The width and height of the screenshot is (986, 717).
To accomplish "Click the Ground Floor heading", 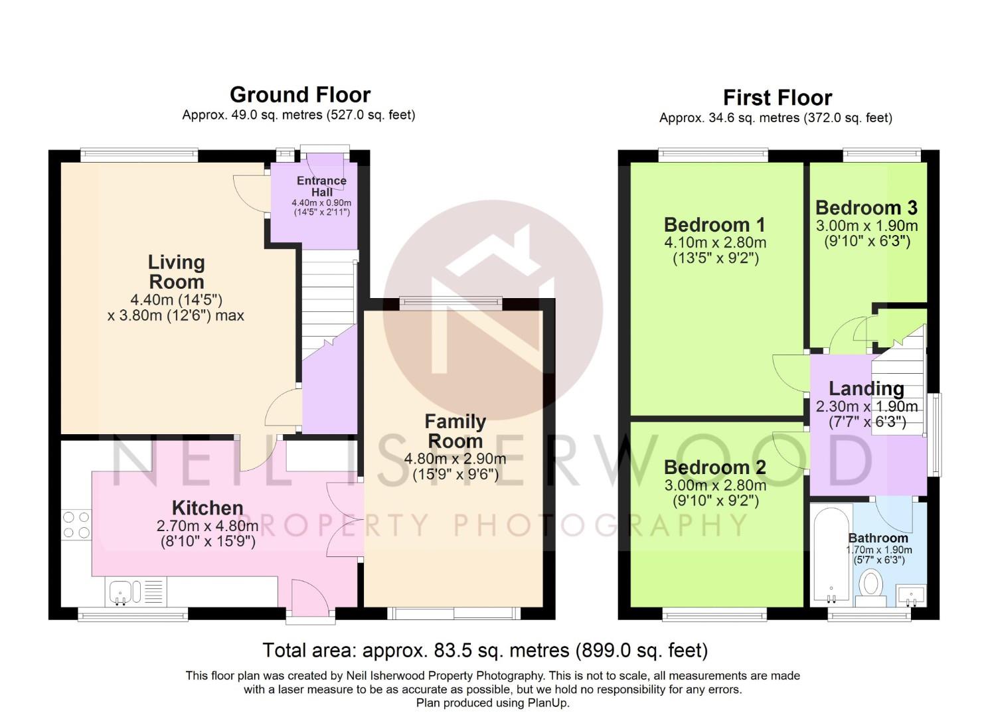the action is click(300, 95).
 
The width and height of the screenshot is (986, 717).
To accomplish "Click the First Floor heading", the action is click(778, 98).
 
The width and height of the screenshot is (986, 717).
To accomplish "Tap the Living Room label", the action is click(177, 272).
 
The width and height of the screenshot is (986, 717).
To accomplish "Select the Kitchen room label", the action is click(207, 508).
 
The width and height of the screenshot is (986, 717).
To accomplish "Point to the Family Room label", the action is click(455, 432).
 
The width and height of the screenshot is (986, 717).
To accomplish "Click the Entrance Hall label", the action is click(322, 186).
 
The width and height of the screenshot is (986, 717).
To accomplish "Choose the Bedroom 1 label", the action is click(714, 225).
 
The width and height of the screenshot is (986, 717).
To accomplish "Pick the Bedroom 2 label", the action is click(715, 467).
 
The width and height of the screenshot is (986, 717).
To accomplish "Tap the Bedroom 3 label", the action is click(866, 208).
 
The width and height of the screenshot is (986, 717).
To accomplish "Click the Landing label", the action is click(866, 388).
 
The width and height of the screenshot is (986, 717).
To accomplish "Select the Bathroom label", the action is click(878, 538).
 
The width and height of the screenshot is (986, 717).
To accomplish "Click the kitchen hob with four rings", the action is click(76, 524).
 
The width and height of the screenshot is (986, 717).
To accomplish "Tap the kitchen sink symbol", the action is click(136, 591).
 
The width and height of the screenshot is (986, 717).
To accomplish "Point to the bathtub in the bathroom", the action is click(831, 556).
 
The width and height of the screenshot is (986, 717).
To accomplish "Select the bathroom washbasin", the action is click(911, 596).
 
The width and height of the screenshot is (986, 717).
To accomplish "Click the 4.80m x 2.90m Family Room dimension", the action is click(455, 459).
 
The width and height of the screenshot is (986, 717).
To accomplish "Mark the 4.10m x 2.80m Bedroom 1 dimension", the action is click(715, 242).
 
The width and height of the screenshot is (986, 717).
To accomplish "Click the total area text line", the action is click(485, 651).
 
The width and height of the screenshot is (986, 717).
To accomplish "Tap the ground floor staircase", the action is click(329, 303).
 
